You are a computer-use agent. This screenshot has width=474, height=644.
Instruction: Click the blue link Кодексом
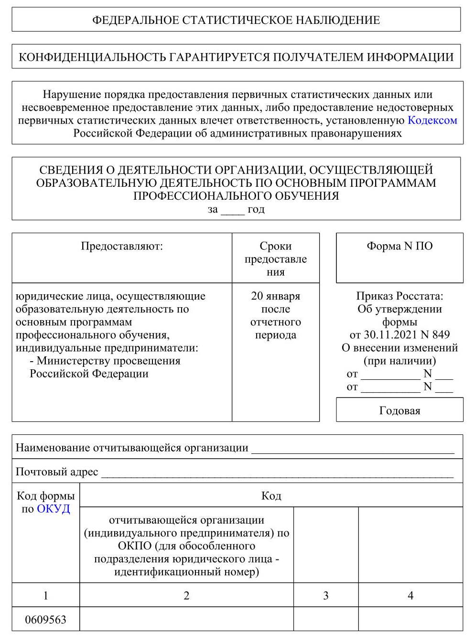[432, 120]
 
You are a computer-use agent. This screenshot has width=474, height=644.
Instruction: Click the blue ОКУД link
[53, 509]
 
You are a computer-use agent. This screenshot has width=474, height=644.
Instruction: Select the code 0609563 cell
[45, 620]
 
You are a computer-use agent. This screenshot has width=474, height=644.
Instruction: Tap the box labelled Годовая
[399, 410]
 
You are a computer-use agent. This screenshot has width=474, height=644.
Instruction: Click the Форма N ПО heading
[399, 246]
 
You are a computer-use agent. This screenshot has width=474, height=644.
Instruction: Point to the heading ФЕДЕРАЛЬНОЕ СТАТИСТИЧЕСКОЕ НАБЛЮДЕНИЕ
[236, 20]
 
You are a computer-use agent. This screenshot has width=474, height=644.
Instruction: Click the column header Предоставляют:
[122, 246]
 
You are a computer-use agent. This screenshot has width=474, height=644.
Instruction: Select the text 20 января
[275, 296]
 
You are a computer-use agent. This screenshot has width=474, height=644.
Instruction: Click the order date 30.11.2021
[390, 335]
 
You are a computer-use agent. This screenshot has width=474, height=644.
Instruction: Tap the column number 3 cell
[325, 595]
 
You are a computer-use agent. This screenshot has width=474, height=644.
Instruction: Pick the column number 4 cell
[410, 595]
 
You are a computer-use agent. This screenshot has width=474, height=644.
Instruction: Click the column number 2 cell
[186, 595]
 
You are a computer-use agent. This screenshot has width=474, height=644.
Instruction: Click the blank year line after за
[233, 210]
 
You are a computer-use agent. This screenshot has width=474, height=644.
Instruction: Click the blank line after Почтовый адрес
[277, 473]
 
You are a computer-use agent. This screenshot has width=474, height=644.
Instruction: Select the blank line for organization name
[353, 449]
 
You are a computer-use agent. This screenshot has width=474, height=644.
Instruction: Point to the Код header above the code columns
[271, 496]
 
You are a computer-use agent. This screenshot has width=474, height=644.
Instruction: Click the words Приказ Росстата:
[399, 296]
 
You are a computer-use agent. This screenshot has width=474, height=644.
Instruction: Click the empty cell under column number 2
[186, 620]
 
